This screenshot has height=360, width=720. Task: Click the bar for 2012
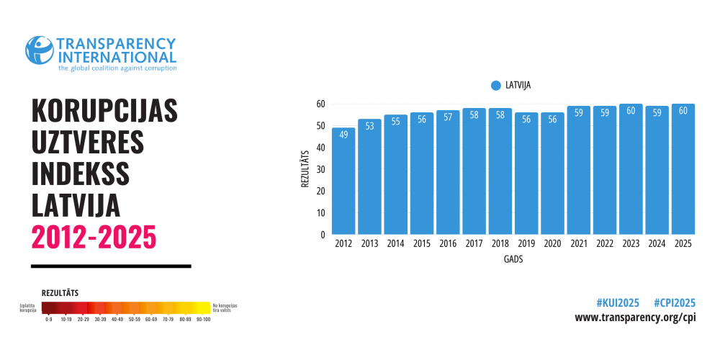(x=343, y=181)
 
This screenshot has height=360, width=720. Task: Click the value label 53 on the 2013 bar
(x=369, y=127)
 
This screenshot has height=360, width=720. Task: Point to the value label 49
(x=343, y=135)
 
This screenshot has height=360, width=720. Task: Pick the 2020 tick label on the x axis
(x=552, y=244)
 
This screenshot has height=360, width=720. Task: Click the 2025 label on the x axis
(x=683, y=244)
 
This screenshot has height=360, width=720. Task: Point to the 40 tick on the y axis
(x=321, y=148)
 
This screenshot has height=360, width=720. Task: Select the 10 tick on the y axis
(x=321, y=213)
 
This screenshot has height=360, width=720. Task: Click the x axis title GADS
(x=513, y=259)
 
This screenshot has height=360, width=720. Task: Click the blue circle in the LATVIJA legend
(x=495, y=85)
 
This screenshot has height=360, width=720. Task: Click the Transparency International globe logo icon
(x=40, y=50)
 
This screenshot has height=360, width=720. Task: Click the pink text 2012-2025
(x=94, y=235)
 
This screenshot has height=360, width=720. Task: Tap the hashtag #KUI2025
(x=618, y=302)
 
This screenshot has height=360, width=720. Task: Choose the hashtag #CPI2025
(x=675, y=302)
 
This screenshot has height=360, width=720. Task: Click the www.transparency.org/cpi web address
(x=635, y=318)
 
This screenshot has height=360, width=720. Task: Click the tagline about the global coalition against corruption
(x=117, y=68)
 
